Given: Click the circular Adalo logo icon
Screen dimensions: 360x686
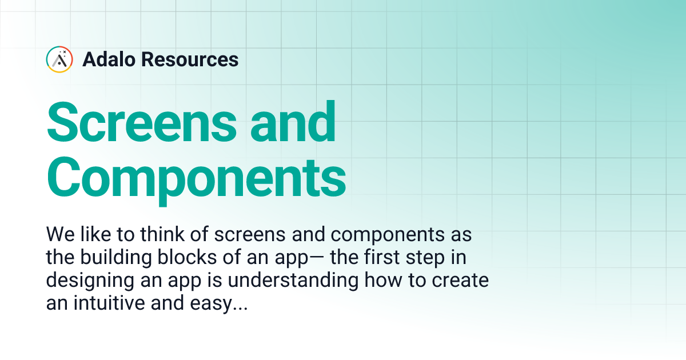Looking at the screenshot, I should click(59, 59).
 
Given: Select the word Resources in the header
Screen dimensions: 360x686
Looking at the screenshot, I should click(190, 59).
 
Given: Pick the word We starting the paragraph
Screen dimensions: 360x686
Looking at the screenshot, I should click(58, 234).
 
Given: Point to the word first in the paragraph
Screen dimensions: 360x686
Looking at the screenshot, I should click(375, 258).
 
